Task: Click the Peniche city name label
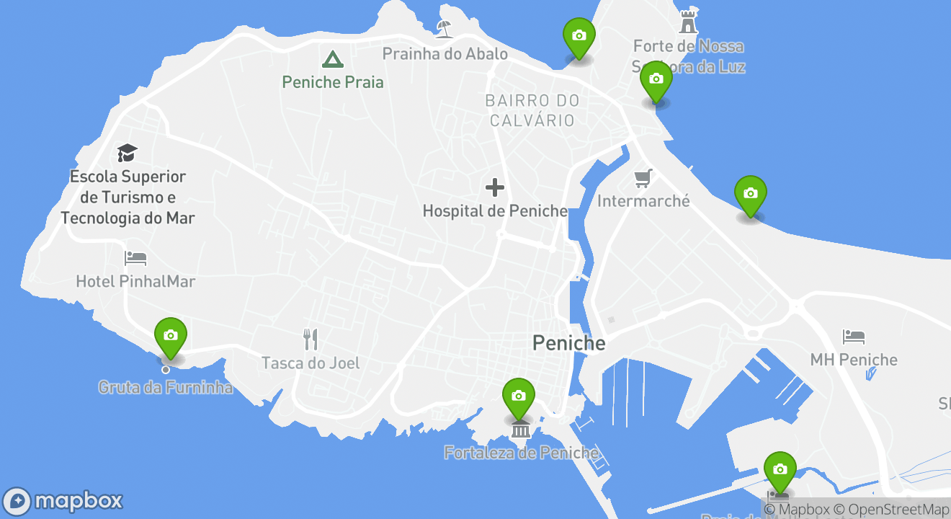[x=568, y=343]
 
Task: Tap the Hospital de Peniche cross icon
[x=495, y=187]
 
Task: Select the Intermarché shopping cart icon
[x=643, y=177]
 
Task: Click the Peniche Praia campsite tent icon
[x=332, y=59]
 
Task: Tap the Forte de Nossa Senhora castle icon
[x=689, y=22]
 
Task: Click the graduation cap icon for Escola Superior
[x=128, y=153]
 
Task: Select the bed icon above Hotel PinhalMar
[x=135, y=257]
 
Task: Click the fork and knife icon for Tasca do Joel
[x=311, y=339]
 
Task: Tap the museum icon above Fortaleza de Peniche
[x=520, y=430]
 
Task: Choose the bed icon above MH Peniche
[x=854, y=337]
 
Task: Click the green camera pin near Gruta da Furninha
[x=171, y=337]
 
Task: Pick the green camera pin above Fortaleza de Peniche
[x=519, y=397]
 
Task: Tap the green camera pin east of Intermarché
[x=750, y=195]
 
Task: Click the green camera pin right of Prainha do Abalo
[x=579, y=37]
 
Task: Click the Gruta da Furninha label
[x=166, y=388]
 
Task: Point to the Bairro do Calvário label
[x=532, y=110]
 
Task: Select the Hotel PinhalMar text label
[x=135, y=281]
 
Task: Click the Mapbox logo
[x=63, y=501]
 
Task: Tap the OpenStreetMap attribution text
[x=892, y=510]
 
